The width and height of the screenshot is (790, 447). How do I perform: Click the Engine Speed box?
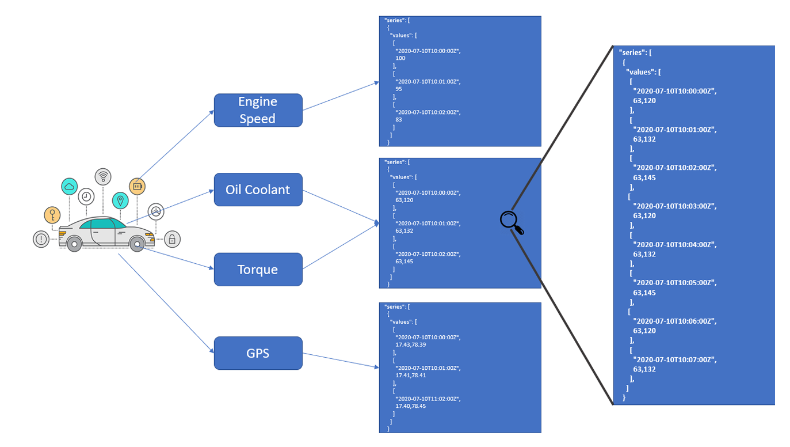point(258,110)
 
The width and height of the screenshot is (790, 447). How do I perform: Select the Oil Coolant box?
point(258,190)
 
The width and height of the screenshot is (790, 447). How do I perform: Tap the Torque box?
point(258,269)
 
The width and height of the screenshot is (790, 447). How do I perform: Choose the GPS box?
point(258,353)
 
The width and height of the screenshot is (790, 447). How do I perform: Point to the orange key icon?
point(52,215)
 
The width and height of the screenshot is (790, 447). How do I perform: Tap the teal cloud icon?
point(70,186)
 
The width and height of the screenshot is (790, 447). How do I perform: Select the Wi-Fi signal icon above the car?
point(103,176)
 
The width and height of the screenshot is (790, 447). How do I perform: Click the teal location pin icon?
point(120,200)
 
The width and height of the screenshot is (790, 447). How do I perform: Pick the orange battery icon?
point(137,186)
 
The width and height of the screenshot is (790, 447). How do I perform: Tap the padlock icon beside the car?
point(172,239)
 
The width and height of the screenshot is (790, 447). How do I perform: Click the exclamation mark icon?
point(41,238)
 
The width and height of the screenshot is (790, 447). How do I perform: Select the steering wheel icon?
point(155,211)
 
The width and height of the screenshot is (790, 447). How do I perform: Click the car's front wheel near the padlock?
point(137,244)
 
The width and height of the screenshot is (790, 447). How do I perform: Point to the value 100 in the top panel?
point(400,58)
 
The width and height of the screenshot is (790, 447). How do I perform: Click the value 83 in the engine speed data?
point(399,119)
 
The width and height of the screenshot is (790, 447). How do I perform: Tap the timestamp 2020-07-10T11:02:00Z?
point(428,399)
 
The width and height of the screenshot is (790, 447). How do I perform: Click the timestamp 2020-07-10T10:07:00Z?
point(674,359)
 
